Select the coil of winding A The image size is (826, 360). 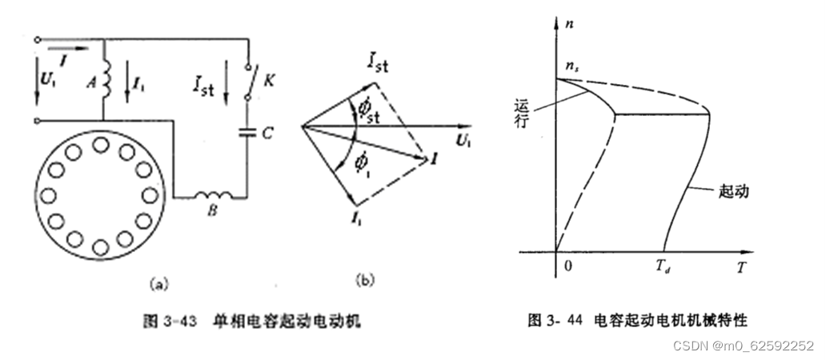click(x=106, y=81)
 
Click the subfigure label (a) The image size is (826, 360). click(x=157, y=282)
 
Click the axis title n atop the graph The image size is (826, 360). click(x=571, y=25)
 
